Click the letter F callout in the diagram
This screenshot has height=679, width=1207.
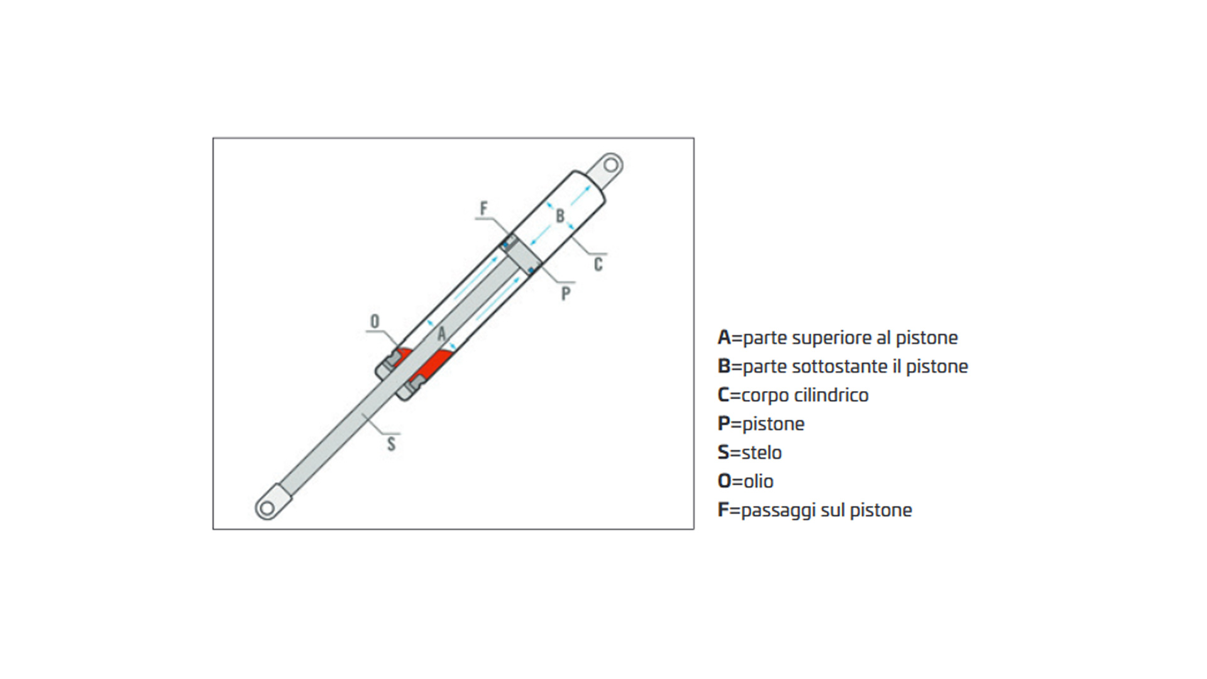coord(483,208)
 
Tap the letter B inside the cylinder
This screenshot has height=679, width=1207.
coord(560,216)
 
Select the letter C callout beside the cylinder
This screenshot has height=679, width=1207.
coord(598,265)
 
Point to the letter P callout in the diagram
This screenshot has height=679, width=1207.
coord(566,293)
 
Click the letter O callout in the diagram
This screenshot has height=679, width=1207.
coord(375,321)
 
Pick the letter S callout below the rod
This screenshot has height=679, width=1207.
coord(391,444)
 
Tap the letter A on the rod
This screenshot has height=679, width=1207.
coord(441,333)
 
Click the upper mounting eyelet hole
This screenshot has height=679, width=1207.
coord(610,165)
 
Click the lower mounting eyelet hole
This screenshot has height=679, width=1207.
coord(267,507)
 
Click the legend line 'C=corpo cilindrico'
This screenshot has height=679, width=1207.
coord(793,395)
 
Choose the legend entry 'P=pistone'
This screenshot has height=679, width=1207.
coord(761,424)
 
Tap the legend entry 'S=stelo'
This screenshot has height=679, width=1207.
coord(750,452)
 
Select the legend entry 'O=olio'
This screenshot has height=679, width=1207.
coord(746,481)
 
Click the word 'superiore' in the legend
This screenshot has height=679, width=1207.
coord(832,338)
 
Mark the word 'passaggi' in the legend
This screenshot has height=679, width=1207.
coord(778,511)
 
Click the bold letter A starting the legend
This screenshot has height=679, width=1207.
coord(724,338)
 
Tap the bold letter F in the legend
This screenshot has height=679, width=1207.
coord(723,510)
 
